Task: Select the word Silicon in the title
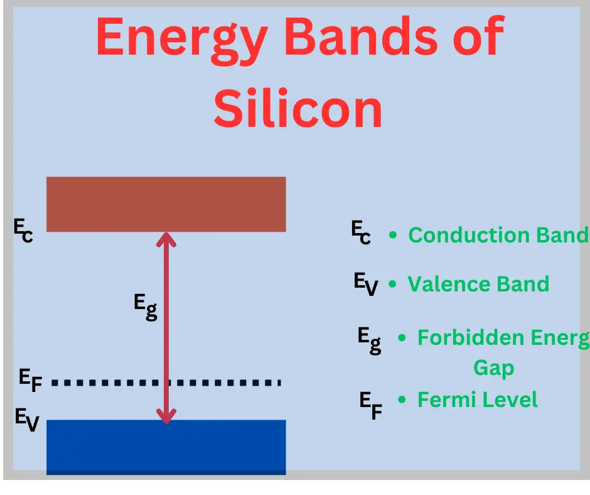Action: tap(298, 108)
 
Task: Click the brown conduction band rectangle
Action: tap(166, 204)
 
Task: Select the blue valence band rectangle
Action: tap(166, 446)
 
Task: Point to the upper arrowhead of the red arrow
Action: tap(166, 239)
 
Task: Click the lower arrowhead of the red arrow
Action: tap(166, 415)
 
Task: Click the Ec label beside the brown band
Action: tap(23, 231)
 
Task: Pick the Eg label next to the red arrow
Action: tap(145, 307)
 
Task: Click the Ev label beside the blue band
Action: tap(26, 420)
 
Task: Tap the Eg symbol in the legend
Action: tap(370, 340)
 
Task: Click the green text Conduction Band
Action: tap(498, 235)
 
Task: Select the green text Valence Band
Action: tap(478, 284)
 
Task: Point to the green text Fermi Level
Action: tap(477, 400)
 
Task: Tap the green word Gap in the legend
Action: tap(493, 368)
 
